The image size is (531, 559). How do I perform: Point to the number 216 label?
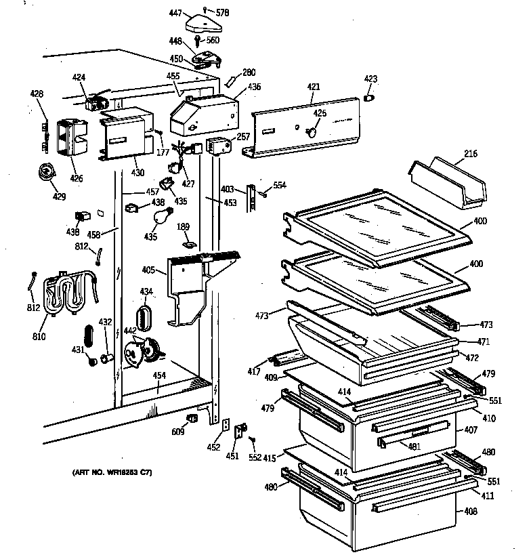(x=471, y=154)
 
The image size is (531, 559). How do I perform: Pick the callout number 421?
(x=313, y=88)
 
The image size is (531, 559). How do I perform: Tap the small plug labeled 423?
(x=370, y=98)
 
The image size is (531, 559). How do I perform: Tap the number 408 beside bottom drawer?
(x=469, y=511)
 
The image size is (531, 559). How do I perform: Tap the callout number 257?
(x=243, y=137)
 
